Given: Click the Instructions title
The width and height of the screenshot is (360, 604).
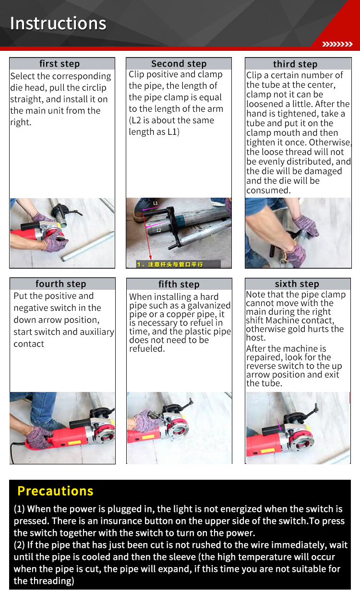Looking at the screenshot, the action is point(58,23).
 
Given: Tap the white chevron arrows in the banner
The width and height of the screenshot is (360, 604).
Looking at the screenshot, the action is point(337,44).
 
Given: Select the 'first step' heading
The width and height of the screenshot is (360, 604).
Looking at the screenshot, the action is point(60,64).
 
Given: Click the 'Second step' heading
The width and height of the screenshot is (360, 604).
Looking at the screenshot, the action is point(179,64).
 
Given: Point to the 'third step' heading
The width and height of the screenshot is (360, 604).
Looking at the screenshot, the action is point(295,64).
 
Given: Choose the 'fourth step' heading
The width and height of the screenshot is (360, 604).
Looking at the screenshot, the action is point(60,284).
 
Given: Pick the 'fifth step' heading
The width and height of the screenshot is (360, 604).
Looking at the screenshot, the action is point(179,284).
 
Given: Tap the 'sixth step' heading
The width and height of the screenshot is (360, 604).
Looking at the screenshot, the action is point(297,284).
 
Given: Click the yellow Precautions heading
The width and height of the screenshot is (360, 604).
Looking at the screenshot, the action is point(55,491).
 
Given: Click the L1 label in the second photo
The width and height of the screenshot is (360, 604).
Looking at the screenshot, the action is point(156,203).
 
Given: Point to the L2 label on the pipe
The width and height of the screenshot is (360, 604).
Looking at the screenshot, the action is point(159,230).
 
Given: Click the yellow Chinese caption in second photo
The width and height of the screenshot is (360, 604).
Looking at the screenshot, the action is point(170,264).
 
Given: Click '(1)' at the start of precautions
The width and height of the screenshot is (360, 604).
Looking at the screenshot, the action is point(19,509).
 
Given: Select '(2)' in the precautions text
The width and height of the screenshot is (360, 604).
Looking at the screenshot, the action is point(19,545).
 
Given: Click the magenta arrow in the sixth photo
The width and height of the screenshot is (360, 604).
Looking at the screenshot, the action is point(279,424).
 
